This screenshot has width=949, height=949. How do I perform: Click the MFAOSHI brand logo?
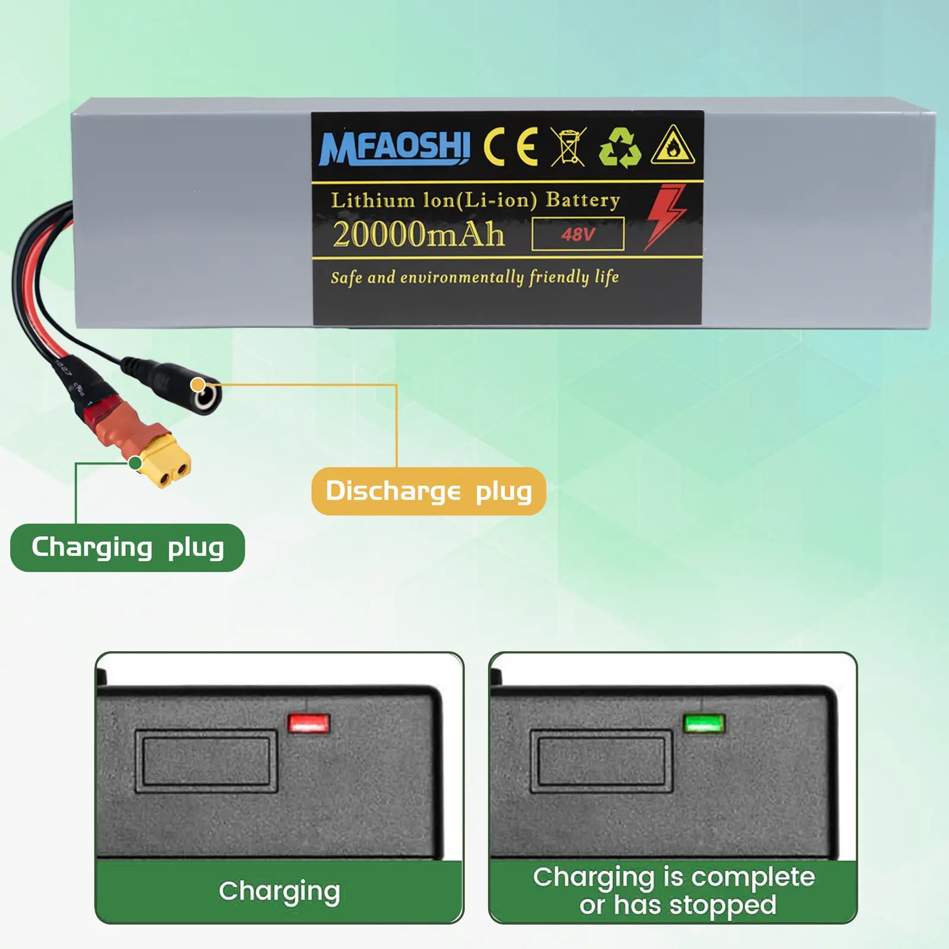[394, 148]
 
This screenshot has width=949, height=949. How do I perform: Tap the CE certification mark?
[511, 147]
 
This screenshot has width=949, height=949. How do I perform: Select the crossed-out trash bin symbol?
[568, 146]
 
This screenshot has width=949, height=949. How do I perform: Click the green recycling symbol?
[620, 147]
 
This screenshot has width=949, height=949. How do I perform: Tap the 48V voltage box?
[578, 234]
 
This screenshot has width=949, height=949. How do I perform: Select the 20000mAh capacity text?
[418, 234]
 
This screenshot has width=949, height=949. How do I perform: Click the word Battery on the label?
[582, 200]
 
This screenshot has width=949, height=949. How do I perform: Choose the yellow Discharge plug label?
[428, 491]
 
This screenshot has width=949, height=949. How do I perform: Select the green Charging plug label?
[128, 547]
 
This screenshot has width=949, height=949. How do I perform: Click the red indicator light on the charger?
[308, 724]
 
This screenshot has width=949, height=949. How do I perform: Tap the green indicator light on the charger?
[704, 724]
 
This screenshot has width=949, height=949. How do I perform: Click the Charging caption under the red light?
[279, 891]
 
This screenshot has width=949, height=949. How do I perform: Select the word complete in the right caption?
[753, 877]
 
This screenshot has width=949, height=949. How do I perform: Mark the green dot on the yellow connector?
[136, 463]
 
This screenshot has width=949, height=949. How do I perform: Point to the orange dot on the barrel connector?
[198, 385]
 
